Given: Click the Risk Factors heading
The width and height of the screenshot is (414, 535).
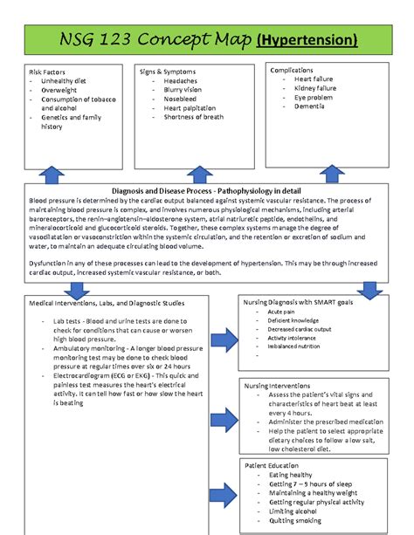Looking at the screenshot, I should pyautogui.click(x=48, y=71).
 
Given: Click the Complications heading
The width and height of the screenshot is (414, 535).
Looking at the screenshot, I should pyautogui.click(x=295, y=70).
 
